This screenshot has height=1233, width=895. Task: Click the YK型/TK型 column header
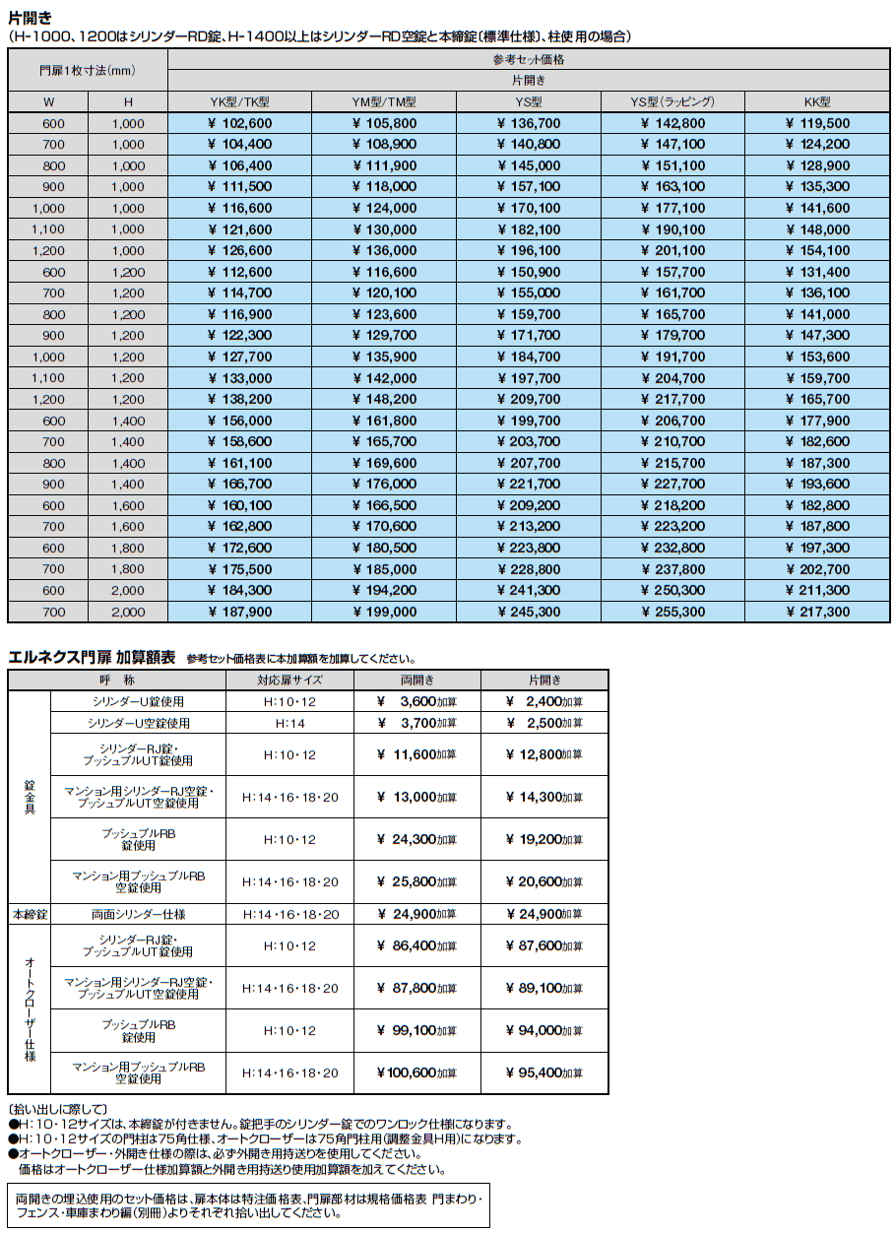tap(239, 101)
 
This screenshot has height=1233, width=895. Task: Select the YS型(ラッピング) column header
tap(672, 101)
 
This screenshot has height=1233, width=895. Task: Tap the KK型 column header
tap(817, 101)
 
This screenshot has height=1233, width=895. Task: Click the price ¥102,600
tap(239, 123)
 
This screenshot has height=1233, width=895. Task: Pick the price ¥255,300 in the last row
tap(672, 612)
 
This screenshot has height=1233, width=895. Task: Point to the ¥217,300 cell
tap(817, 612)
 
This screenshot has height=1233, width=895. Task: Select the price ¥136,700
tap(529, 123)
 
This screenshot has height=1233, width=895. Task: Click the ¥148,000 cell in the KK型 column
tap(817, 229)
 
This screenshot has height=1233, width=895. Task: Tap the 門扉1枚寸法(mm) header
tap(88, 70)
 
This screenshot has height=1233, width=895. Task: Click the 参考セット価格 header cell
tap(529, 59)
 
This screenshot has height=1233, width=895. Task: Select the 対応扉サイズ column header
tap(289, 680)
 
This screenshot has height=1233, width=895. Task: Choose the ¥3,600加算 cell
tap(416, 701)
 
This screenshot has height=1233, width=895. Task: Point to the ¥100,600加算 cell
tap(416, 1072)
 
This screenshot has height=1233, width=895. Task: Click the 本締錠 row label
tap(29, 914)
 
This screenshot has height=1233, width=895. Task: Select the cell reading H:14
tap(289, 723)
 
